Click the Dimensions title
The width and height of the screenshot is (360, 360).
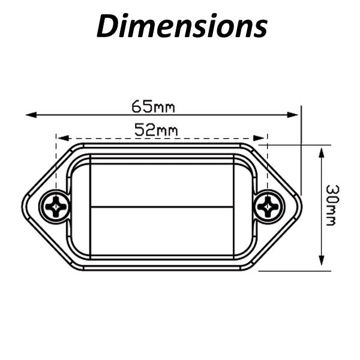[182, 25]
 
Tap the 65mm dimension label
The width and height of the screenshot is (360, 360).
[153, 106]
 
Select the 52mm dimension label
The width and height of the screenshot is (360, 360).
[156, 130]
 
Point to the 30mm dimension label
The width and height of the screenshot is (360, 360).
[332, 205]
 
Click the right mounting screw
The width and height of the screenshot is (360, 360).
[268, 207]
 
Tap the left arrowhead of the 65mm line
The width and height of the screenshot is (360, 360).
[31, 115]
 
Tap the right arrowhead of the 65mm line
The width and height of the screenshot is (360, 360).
[293, 115]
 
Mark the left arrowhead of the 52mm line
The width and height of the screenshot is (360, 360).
[63, 138]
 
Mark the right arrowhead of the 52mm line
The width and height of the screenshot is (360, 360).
[259, 138]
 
